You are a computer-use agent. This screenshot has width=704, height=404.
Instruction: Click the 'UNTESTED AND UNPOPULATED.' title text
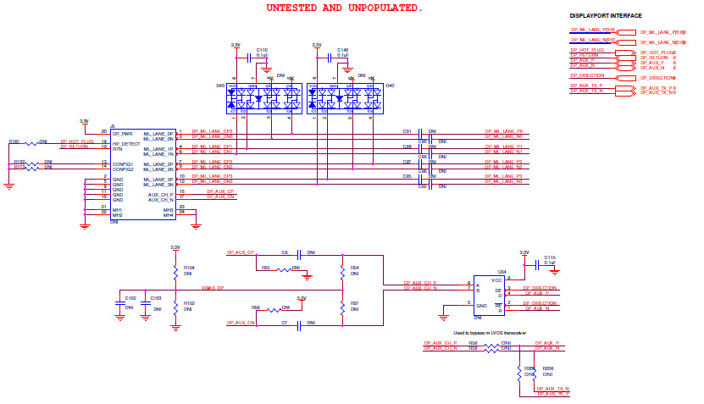click(344, 8)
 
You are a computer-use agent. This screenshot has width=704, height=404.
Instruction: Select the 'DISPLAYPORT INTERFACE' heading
click(605, 16)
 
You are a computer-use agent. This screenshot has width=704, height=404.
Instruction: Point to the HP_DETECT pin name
click(127, 143)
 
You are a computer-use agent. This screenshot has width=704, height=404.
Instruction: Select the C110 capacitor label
click(262, 50)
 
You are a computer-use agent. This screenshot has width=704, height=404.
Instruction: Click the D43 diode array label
click(220, 86)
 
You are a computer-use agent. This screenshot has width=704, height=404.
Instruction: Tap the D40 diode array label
click(391, 86)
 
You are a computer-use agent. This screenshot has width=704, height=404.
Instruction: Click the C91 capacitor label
click(407, 131)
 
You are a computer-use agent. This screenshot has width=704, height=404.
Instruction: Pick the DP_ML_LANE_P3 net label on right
click(503, 175)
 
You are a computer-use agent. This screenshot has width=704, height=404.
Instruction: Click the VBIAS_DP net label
click(213, 289)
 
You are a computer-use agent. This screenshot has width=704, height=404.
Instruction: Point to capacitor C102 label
click(130, 298)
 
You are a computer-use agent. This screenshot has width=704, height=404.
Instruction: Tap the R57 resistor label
click(354, 302)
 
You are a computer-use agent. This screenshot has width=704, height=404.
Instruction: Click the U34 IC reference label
click(479, 272)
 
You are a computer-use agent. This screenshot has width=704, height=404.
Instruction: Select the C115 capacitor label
click(550, 257)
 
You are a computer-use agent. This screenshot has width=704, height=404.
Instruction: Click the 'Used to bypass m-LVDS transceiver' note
click(490, 334)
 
